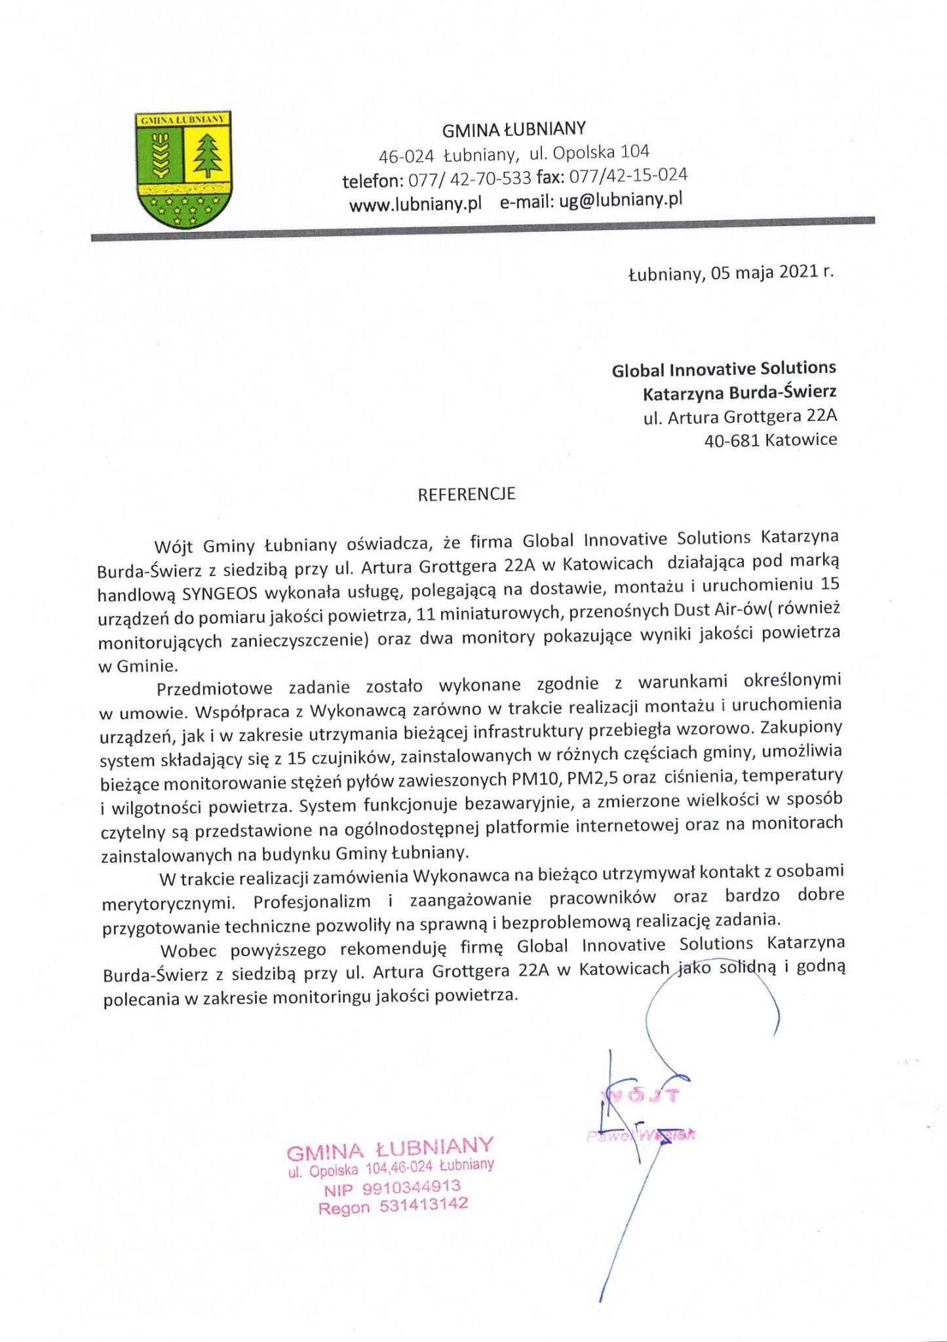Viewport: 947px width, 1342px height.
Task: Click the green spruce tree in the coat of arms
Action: click(x=208, y=155)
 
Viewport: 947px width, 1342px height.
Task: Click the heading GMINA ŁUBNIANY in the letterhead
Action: click(x=514, y=130)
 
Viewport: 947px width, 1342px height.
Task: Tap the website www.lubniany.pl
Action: click(x=416, y=204)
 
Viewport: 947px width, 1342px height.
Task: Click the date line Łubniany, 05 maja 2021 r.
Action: click(x=731, y=272)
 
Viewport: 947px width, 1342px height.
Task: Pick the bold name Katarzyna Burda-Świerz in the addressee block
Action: click(x=739, y=393)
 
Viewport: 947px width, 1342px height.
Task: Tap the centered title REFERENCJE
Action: click(x=467, y=494)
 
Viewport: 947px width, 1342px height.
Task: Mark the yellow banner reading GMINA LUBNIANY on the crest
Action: click(x=183, y=119)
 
